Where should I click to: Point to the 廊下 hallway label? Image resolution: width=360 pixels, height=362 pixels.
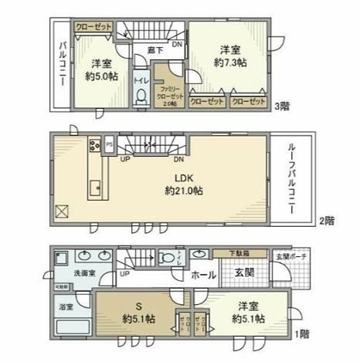coord(155,50)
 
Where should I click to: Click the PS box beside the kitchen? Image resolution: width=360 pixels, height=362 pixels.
coord(110,143)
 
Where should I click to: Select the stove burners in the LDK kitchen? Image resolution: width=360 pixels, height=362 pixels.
coord(94,144)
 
